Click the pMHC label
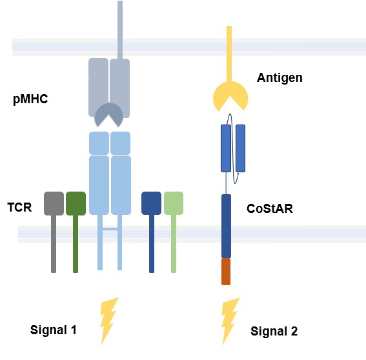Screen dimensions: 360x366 [30, 101]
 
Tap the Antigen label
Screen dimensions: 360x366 [280, 78]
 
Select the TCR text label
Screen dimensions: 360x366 [19, 208]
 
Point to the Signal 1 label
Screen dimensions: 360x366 [54, 330]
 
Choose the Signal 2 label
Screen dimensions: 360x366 [274, 331]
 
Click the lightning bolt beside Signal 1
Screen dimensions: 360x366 [109, 320]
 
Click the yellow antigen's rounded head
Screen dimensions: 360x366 [230, 95]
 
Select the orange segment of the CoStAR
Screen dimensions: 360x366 [226, 271]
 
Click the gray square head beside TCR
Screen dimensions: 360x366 [54, 203]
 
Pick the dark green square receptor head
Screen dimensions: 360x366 [76, 203]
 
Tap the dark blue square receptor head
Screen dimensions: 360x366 [151, 203]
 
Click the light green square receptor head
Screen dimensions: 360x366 [174, 203]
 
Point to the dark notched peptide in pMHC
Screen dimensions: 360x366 [109, 114]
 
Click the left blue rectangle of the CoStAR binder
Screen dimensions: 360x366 [226, 148]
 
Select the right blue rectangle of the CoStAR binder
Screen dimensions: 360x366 [240, 148]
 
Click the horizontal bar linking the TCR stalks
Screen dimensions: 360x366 [110, 228]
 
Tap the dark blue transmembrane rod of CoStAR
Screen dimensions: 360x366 [226, 226]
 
